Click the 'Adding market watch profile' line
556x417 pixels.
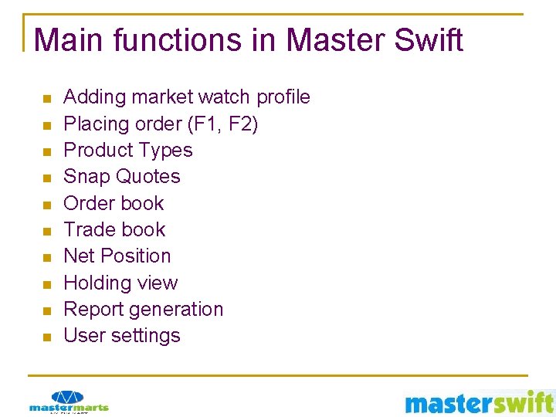tap(186, 97)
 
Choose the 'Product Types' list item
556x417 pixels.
tap(127, 150)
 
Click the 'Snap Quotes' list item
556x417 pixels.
tap(121, 177)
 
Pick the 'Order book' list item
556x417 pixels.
tap(114, 203)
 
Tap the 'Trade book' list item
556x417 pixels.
tap(114, 229)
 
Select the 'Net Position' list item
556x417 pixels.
tap(117, 256)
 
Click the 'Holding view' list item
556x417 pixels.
tap(120, 283)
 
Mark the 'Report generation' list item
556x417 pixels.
tap(143, 309)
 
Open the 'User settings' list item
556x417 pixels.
tap(121, 335)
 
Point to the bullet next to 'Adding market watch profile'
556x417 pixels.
tap(46, 99)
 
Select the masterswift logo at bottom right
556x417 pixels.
tap(479, 402)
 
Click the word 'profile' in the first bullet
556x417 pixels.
tap(283, 97)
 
